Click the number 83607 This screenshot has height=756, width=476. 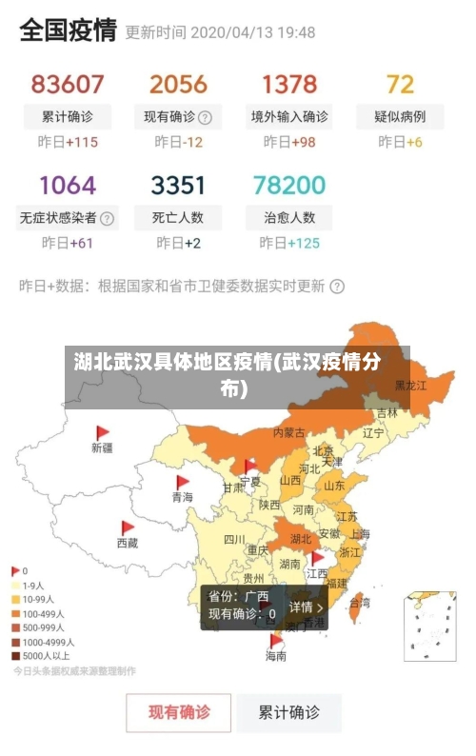pyautogui.click(x=68, y=85)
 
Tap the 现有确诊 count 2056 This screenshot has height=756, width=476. pyautogui.click(x=178, y=85)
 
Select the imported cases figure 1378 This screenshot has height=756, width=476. pyautogui.click(x=289, y=85)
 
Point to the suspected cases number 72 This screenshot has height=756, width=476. pyautogui.click(x=400, y=85)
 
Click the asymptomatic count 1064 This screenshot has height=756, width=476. pyautogui.click(x=68, y=185)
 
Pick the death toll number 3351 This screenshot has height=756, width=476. pyautogui.click(x=178, y=185)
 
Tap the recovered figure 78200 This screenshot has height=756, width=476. pyautogui.click(x=289, y=185)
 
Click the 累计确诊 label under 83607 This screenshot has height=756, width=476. pyautogui.click(x=68, y=117)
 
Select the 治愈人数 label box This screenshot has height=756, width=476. pyautogui.click(x=289, y=217)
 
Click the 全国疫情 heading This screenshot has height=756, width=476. pyautogui.click(x=69, y=30)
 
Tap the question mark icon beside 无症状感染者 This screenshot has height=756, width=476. pyautogui.click(x=107, y=218)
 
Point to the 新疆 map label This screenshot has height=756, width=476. pyautogui.click(x=102, y=447)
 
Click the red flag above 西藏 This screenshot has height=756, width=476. pyautogui.click(x=128, y=527)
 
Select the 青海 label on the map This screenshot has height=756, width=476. pyautogui.click(x=182, y=497)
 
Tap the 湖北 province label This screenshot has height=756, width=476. pyautogui.click(x=300, y=538)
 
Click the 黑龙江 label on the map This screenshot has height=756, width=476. pyautogui.click(x=411, y=386)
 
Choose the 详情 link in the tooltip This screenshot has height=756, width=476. pyautogui.click(x=307, y=607)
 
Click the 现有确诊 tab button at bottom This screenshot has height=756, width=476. pyautogui.click(x=179, y=712)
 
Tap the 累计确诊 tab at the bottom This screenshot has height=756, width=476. pyautogui.click(x=290, y=712)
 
